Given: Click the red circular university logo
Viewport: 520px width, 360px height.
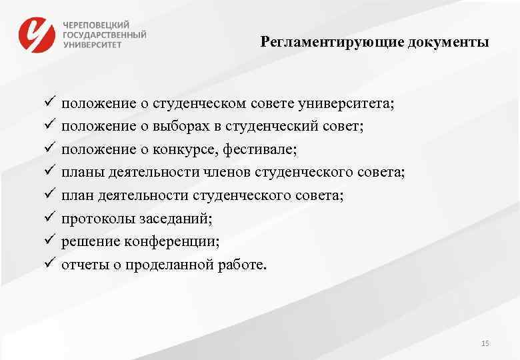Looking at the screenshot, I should point(37,34).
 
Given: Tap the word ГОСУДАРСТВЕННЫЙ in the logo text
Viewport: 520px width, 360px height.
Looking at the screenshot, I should point(105,34).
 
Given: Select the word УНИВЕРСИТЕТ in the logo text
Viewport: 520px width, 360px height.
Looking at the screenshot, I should point(93,45).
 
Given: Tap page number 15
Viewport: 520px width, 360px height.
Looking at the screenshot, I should point(485,343).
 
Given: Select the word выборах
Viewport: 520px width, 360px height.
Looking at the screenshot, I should point(181,127).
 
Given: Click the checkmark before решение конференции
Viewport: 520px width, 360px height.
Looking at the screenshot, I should point(49,240).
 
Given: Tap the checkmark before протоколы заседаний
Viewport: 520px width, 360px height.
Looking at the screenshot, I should point(49,217).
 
